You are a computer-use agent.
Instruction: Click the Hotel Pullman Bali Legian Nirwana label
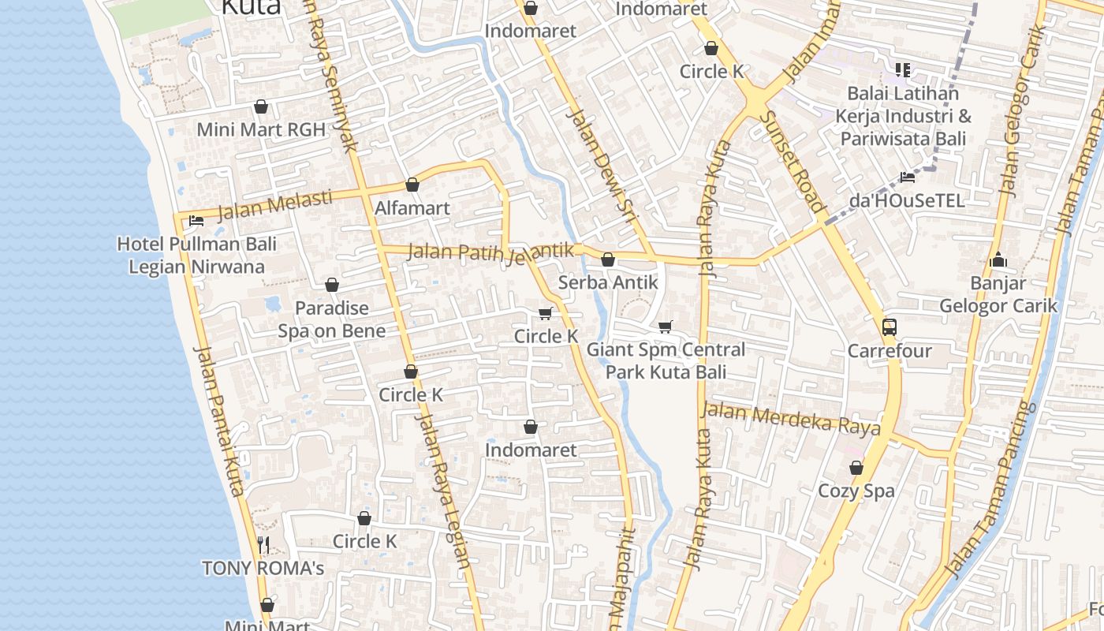[196, 255]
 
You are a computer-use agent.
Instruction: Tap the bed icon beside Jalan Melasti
[196, 221]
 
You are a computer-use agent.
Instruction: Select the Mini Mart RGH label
[261, 129]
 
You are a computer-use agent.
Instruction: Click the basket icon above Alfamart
[412, 185]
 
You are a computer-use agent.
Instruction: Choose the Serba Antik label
[607, 282]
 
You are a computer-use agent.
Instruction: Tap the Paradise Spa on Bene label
[331, 319]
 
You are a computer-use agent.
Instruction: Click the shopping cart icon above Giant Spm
[666, 327]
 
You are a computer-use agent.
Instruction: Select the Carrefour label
[890, 350]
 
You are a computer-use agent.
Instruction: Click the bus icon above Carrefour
[890, 327]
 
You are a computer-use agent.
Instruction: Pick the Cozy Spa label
[856, 491]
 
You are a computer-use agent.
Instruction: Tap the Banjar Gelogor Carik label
[998, 294]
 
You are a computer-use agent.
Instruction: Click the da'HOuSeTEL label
[907, 200]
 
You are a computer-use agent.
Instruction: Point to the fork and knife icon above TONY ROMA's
[263, 544]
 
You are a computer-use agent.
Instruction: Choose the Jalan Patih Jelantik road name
[489, 252]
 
